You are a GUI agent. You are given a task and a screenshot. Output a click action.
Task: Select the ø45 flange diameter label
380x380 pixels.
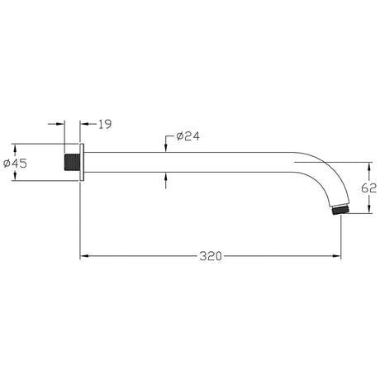pos(17,163)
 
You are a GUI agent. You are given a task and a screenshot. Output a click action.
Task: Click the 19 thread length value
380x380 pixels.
pos(104,124)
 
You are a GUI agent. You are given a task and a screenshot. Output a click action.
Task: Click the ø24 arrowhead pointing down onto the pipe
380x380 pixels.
pos(167,147)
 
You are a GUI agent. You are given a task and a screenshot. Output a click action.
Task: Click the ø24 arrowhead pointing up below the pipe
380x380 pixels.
pos(167,176)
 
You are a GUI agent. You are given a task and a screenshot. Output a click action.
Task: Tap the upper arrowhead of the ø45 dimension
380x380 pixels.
pos(35,149)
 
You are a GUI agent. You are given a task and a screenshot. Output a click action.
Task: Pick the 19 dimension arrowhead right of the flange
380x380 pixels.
pos(86,124)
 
